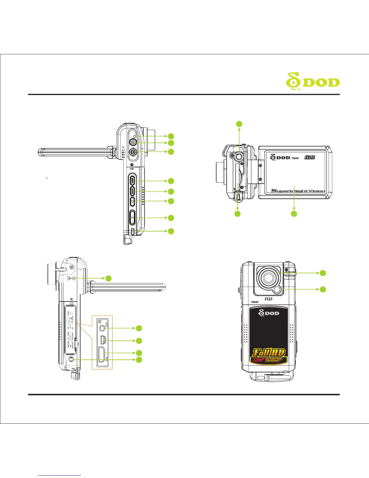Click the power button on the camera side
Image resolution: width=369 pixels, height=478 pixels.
pyautogui.click(x=133, y=143)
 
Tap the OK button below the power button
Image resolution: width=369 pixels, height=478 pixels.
pyautogui.click(x=133, y=152)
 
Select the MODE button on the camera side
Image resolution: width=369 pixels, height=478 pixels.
pyautogui.click(x=132, y=191)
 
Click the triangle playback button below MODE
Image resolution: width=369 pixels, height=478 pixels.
pyautogui.click(x=132, y=201)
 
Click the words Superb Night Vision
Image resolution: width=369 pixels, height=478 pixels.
pyautogui.click(x=298, y=190)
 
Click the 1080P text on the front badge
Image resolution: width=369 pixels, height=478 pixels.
pyautogui.click(x=276, y=360)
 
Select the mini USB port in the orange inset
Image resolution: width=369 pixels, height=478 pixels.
pyautogui.click(x=103, y=340)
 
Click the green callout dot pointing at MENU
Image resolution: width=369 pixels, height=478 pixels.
pyautogui.click(x=171, y=181)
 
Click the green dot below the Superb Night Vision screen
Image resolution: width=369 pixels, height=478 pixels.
pyautogui.click(x=294, y=214)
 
